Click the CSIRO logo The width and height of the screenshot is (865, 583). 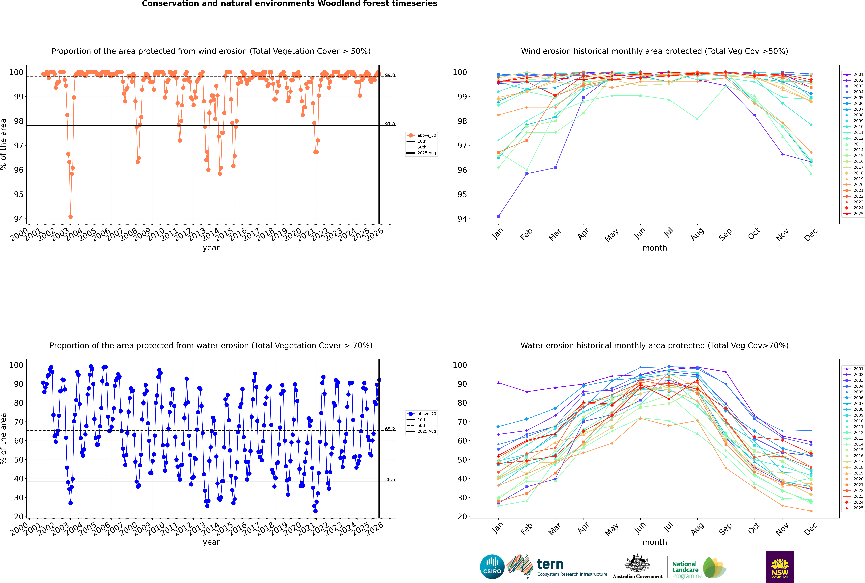coord(492,567)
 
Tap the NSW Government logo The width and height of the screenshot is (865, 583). coord(780,566)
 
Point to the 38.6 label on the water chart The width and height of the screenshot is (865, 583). coord(390,480)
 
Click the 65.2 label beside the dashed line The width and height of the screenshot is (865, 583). coord(390,429)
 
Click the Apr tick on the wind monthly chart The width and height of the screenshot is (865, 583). coord(583,233)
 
